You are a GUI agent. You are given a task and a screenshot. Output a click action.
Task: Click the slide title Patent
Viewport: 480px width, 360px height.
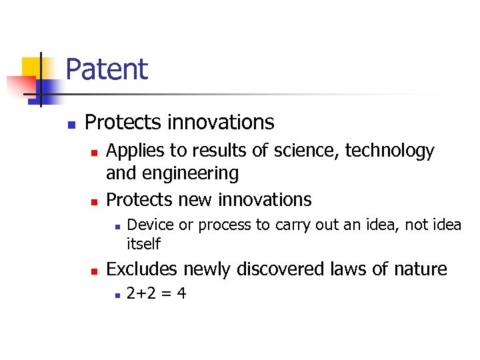point(107,69)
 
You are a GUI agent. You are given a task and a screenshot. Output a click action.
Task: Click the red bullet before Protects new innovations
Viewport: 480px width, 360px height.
point(94,201)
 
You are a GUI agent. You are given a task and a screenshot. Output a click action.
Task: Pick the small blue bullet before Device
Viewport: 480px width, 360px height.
point(116,226)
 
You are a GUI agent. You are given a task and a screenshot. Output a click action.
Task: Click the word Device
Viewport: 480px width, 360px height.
point(150,225)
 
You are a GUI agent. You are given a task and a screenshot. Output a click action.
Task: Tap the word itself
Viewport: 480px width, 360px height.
point(143,244)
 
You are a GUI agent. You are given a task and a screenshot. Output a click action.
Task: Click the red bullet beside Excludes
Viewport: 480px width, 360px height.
point(94,271)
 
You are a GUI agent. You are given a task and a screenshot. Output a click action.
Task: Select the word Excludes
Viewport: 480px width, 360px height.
point(142,269)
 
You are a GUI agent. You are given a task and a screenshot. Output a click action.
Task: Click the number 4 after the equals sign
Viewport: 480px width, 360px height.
point(181,293)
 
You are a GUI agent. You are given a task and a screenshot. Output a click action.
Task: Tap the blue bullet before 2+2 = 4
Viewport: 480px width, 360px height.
point(116,294)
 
